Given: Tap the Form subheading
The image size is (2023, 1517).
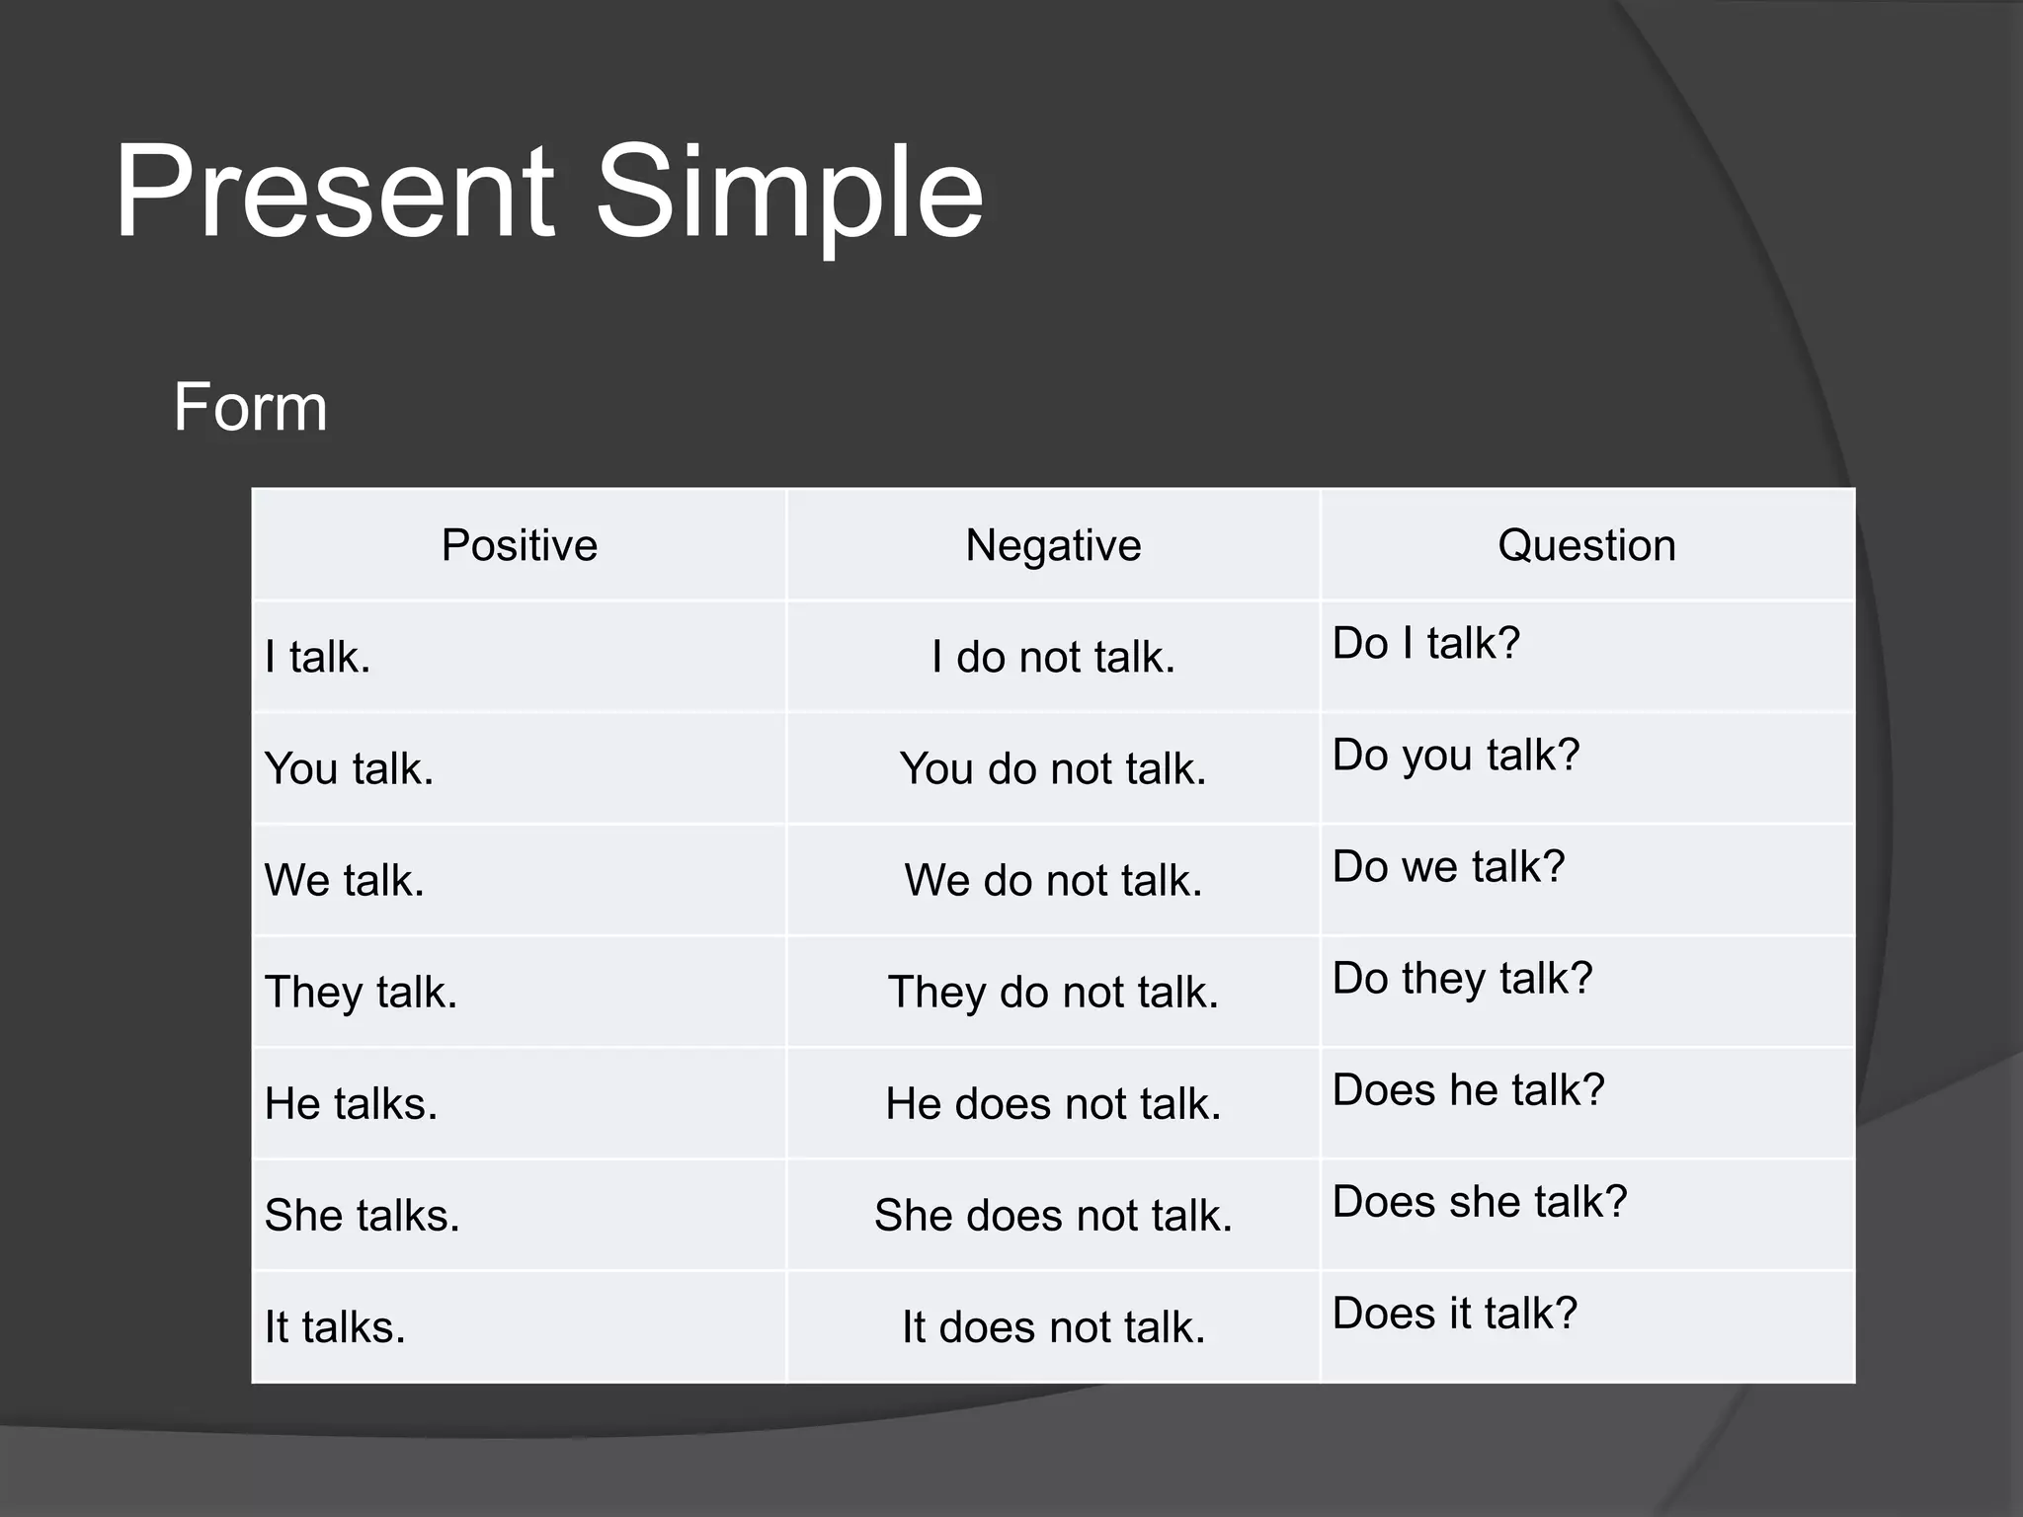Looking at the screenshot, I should [250, 407].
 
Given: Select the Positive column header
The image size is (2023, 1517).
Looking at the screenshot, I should [519, 545].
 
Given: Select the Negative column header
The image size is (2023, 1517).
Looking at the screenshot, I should [1053, 545].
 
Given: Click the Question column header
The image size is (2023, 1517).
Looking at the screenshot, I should [1586, 545].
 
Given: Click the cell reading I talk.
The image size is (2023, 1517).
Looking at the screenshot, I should [318, 657].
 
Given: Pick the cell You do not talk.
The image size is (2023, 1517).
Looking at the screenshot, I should [1053, 768].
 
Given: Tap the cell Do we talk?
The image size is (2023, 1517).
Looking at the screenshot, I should [1448, 866].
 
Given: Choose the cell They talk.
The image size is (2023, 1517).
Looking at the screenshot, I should [362, 992].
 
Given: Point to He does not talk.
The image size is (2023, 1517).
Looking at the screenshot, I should [1053, 1103].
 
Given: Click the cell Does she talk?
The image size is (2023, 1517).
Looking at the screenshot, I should [1479, 1201].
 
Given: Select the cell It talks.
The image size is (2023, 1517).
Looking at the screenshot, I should [335, 1326].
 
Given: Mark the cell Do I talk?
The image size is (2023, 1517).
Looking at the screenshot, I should [1425, 643].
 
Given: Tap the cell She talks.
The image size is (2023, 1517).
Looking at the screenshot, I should [363, 1215].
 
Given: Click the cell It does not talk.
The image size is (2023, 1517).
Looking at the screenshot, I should [1053, 1326].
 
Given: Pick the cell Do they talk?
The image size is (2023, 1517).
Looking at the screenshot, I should [1462, 978].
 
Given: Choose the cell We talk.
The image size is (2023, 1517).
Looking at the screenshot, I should [345, 880].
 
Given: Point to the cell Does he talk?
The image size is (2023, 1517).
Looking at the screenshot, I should [1468, 1089].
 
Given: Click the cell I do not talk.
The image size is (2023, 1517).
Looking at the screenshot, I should [1053, 657].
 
